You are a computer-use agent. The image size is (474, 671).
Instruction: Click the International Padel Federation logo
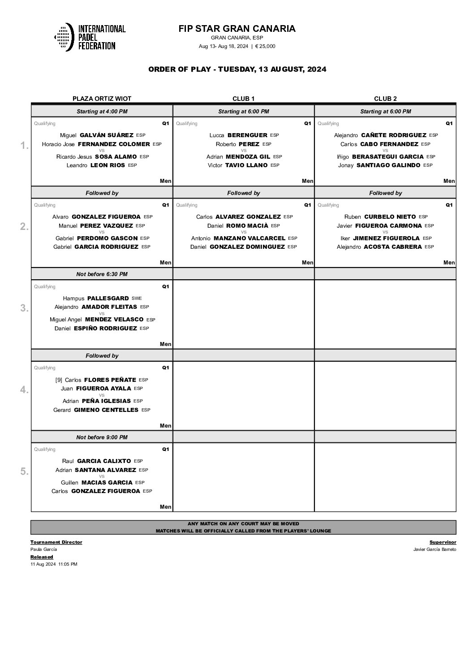point(90,37)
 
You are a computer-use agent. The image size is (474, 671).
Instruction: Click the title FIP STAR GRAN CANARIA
point(237,29)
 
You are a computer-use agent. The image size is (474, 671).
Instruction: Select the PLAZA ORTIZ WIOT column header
point(102,99)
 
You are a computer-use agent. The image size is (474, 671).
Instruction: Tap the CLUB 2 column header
point(385,99)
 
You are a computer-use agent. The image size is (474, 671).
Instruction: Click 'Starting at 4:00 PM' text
point(102,112)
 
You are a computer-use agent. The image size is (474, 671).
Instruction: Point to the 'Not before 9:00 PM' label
point(102,437)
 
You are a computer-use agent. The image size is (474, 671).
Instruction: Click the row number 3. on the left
point(25,308)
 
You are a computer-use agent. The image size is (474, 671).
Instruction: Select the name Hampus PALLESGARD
point(95,298)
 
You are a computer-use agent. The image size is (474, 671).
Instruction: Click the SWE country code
point(137,298)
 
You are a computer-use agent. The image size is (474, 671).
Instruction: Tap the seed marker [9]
point(59,380)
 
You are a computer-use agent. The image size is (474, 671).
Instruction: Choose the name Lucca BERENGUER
point(238,135)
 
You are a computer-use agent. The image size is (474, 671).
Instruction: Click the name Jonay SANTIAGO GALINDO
point(379,165)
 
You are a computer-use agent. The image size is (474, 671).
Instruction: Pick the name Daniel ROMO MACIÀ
point(237,226)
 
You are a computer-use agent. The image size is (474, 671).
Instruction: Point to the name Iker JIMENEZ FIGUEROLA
point(379,238)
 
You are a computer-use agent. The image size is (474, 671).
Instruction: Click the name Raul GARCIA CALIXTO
point(96,461)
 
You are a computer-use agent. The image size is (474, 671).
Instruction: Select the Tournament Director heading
point(56,542)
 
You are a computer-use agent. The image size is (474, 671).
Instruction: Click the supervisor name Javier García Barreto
point(435,550)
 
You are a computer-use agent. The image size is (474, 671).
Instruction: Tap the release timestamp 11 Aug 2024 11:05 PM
point(54,564)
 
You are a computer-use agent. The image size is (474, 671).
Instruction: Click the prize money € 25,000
point(265,46)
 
